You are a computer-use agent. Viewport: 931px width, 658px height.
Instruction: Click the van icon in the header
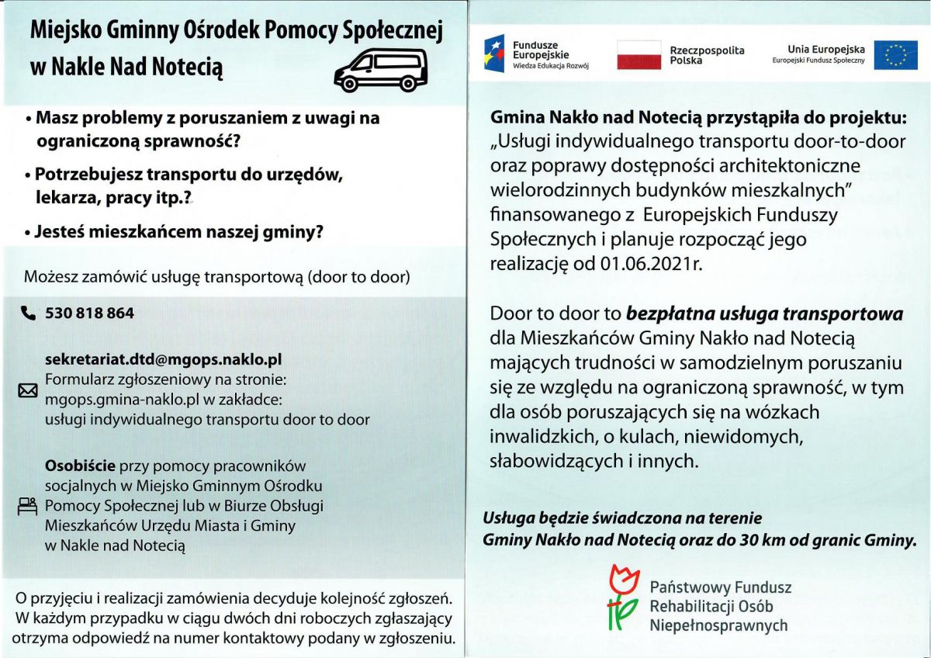click(380, 68)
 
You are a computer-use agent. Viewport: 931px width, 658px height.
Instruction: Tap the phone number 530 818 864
click(89, 313)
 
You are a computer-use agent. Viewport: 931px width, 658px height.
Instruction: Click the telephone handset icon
click(29, 313)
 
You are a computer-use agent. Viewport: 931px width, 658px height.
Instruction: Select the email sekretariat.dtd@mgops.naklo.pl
click(163, 360)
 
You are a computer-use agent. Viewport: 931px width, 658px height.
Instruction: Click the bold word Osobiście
click(81, 466)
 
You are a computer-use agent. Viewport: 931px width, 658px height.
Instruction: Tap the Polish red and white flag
click(639, 55)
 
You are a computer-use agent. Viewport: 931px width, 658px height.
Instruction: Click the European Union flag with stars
click(895, 55)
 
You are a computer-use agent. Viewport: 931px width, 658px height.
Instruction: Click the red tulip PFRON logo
click(622, 597)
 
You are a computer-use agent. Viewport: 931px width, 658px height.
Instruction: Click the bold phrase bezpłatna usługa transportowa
click(764, 314)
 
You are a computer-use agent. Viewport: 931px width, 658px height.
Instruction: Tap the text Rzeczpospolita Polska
click(706, 55)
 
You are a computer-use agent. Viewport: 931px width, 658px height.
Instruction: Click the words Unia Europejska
click(825, 49)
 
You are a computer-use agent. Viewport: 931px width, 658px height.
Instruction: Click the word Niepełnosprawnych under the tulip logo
click(718, 625)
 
